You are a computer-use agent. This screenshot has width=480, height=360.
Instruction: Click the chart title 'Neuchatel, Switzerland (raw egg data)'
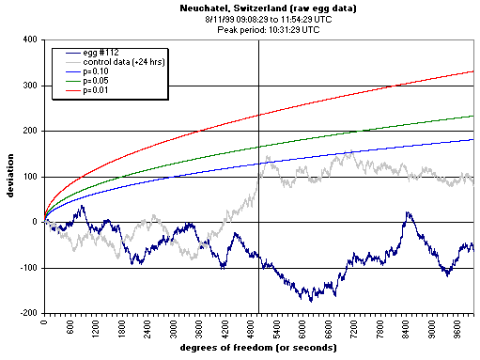click(x=260, y=8)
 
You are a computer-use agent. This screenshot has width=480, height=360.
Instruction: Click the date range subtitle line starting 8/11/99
click(x=260, y=18)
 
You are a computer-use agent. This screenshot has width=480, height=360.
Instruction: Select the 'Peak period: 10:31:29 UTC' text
click(x=260, y=28)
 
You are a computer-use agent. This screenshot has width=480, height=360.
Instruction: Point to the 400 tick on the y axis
click(x=30, y=40)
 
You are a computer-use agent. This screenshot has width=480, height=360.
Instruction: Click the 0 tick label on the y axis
click(x=36, y=223)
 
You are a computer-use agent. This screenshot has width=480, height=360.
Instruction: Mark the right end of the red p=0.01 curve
click(x=473, y=71)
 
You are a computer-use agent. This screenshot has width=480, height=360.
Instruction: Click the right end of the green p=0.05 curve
click(x=473, y=116)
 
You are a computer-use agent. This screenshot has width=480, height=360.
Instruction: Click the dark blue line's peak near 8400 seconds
click(x=408, y=213)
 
